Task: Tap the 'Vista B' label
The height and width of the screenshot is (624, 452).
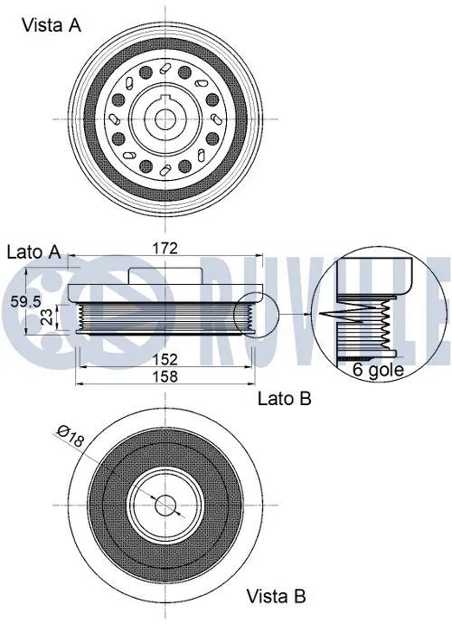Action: tap(276, 596)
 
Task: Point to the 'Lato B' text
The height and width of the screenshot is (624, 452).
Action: tap(285, 397)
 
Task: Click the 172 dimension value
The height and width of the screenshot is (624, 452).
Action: tap(164, 248)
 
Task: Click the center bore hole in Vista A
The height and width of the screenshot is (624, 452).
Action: tap(164, 119)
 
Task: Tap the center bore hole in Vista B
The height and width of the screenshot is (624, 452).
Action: tap(164, 505)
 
